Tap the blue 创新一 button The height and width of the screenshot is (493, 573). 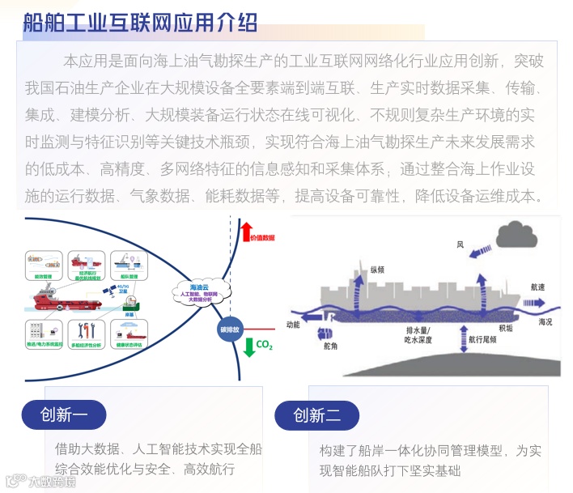pos(64,416)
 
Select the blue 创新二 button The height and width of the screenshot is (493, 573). pos(317,416)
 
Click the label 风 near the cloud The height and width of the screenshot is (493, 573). pos(459,244)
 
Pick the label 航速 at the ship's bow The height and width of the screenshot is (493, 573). pos(537,287)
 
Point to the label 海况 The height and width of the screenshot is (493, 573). pos(547,322)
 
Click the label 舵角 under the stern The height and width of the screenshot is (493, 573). pos(328,346)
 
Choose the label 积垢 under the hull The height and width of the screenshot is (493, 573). pos(506,328)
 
